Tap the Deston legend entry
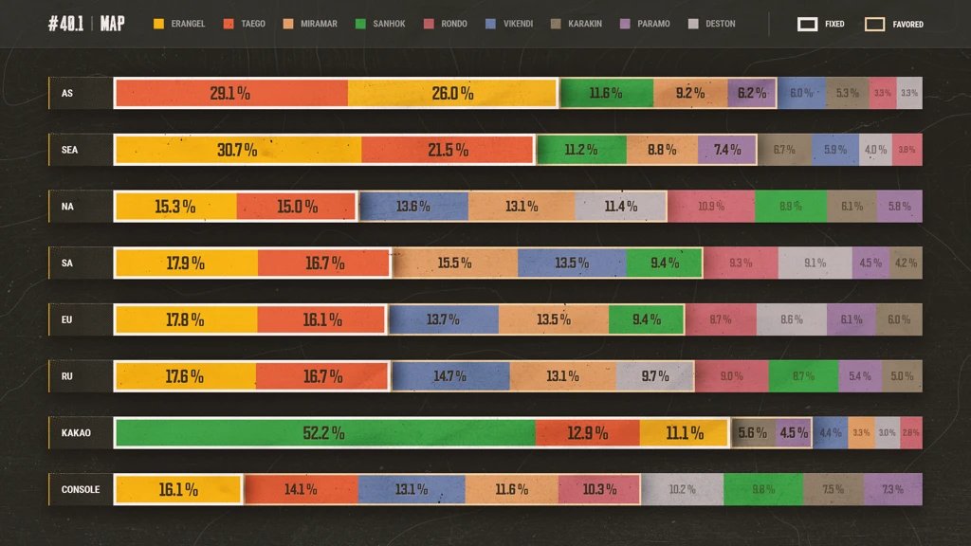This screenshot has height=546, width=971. pyautogui.click(x=712, y=24)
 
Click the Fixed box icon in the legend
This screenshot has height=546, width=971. pyautogui.click(x=808, y=24)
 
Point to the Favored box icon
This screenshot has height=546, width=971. pyautogui.click(x=874, y=24)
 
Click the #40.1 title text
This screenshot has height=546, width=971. pyautogui.click(x=65, y=24)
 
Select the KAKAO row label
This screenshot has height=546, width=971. pyautogui.click(x=76, y=433)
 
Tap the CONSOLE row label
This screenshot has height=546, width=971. pyautogui.click(x=81, y=490)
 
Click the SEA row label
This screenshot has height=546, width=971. pyautogui.click(x=70, y=150)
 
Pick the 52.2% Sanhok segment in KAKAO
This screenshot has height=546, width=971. pyautogui.click(x=324, y=433)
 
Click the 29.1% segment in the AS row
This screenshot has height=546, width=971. pyautogui.click(x=230, y=93)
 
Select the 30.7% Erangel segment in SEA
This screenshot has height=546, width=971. pyautogui.click(x=237, y=150)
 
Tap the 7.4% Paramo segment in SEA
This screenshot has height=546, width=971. pyautogui.click(x=727, y=150)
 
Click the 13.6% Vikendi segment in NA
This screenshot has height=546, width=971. pyautogui.click(x=413, y=207)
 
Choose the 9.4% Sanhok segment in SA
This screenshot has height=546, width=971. pyautogui.click(x=664, y=264)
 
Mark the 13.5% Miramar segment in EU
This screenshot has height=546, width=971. pyautogui.click(x=554, y=320)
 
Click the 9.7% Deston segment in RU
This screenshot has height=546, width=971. pyautogui.click(x=654, y=376)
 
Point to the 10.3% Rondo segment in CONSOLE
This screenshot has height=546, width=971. pyautogui.click(x=599, y=490)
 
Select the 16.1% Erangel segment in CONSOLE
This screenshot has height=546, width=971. pyautogui.click(x=178, y=490)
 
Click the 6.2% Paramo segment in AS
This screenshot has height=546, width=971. pyautogui.click(x=752, y=93)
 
